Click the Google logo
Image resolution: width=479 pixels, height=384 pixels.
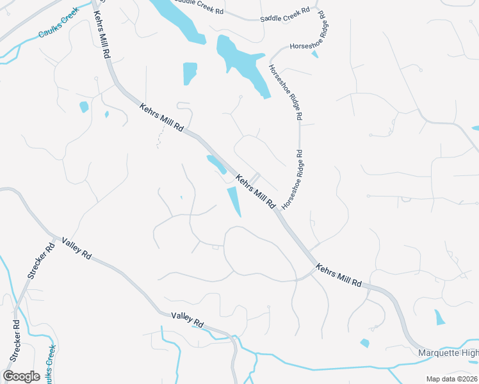tap(21, 376)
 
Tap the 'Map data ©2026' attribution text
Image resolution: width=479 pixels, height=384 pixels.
tap(451, 379)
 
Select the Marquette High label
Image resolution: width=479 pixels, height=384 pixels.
tap(448, 353)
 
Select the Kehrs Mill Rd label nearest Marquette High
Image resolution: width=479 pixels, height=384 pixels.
tap(339, 274)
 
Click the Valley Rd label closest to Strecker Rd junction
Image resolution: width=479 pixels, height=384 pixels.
tap(77, 248)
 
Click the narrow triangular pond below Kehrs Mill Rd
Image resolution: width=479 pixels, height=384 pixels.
tap(234, 201)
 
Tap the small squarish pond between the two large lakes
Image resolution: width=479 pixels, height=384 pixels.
tap(190, 73)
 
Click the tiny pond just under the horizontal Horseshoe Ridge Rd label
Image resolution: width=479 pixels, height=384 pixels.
tap(314, 54)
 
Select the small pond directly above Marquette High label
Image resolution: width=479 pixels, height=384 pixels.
tap(439, 317)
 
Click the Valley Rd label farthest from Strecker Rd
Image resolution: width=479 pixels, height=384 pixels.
tap(187, 319)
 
